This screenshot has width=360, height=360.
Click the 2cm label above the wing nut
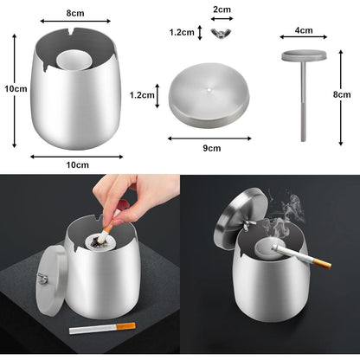[222, 10]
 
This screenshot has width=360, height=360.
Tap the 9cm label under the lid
[212, 148]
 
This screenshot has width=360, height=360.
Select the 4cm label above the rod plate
[304, 30]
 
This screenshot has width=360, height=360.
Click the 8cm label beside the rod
[342, 94]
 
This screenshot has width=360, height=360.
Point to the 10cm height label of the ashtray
[16, 88]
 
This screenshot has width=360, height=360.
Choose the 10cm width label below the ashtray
[78, 164]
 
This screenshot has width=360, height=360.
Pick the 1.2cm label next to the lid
[142, 95]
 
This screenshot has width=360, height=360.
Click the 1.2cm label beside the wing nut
[182, 32]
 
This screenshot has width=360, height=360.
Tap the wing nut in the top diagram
[222, 33]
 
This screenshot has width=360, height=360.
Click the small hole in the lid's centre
[209, 89]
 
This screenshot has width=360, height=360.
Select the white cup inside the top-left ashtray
[74, 61]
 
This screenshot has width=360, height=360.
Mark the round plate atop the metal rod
[304, 55]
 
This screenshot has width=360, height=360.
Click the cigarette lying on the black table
[102, 328]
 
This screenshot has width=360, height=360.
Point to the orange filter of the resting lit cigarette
[322, 263]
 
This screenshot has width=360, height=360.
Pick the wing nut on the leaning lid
[42, 279]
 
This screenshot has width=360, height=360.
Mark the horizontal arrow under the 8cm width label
[75, 21]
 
